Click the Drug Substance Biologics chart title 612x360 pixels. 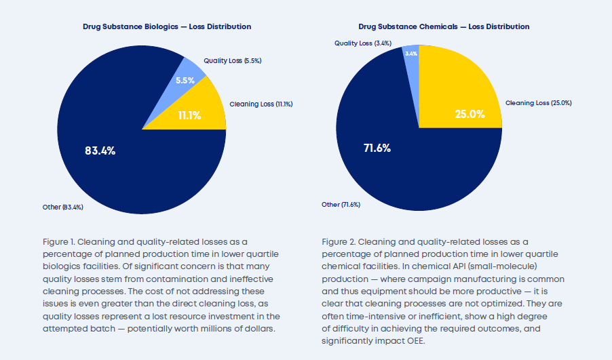(167, 26)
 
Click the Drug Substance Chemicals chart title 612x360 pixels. (444, 26)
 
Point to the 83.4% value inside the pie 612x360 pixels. (100, 151)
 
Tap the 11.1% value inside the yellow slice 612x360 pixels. (189, 115)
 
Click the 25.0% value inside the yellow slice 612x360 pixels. (470, 114)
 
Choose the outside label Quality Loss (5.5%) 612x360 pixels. (233, 60)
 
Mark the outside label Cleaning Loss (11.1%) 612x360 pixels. (261, 104)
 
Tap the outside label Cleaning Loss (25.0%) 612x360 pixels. (539, 103)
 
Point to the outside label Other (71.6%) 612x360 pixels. (341, 204)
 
